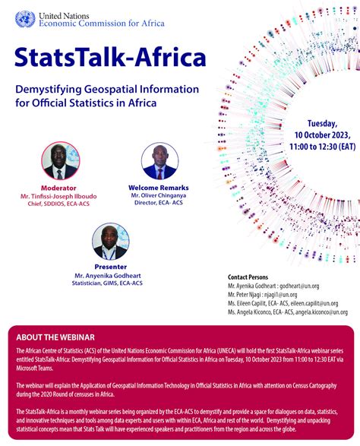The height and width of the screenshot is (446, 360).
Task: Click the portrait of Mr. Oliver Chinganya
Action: point(159,161)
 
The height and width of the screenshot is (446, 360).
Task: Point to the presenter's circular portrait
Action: point(110,241)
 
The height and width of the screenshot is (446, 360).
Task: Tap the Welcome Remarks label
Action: point(159,187)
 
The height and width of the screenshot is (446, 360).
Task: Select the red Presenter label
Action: point(110,267)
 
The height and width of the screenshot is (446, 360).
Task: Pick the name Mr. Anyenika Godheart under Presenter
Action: point(110,275)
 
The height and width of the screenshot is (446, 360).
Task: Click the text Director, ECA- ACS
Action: point(159,204)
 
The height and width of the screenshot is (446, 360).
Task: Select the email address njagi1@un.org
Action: point(278,294)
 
